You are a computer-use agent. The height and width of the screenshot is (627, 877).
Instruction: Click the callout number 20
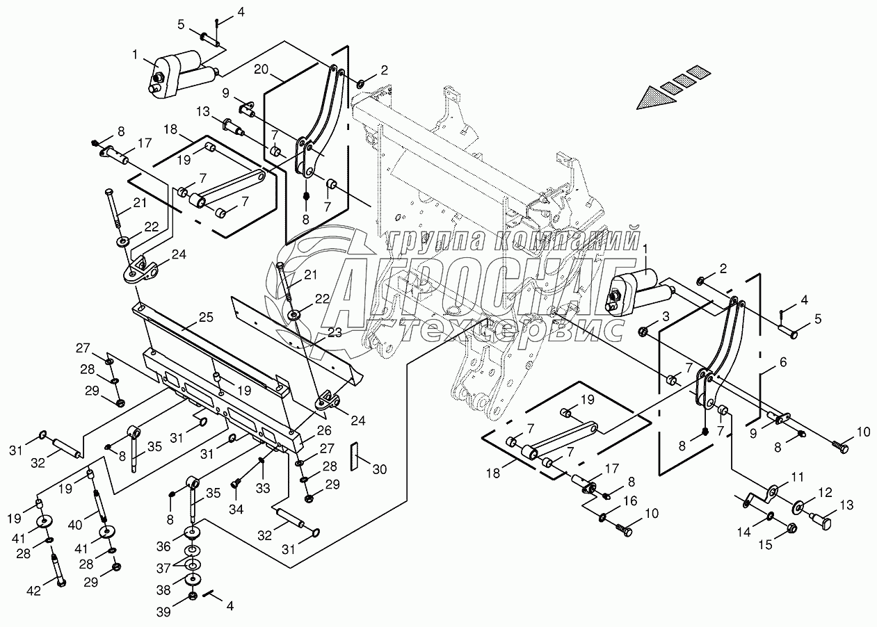[x=260, y=69]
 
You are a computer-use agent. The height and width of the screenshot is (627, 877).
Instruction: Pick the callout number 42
[x=35, y=591]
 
